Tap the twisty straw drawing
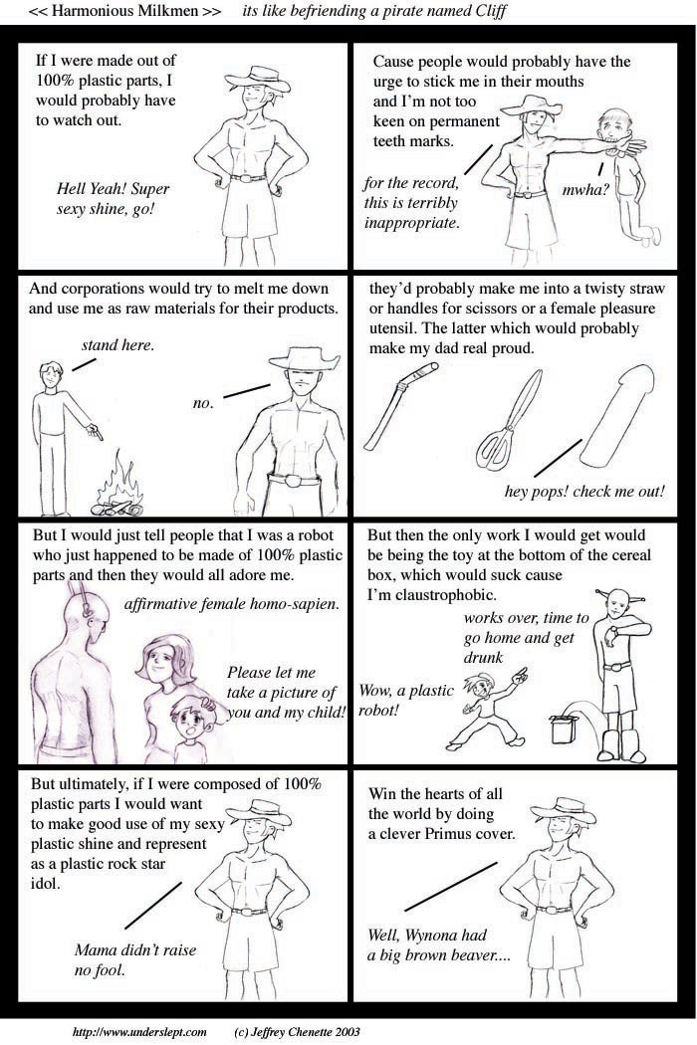coord(401,405)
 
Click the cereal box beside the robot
coord(563,730)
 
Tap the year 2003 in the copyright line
coord(347,1032)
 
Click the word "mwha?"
coord(584,190)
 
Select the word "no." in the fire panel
coord(203,403)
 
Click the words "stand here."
coord(117,345)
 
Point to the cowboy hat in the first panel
coord(258,80)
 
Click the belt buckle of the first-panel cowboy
coord(251,178)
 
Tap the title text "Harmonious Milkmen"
coord(126,11)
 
